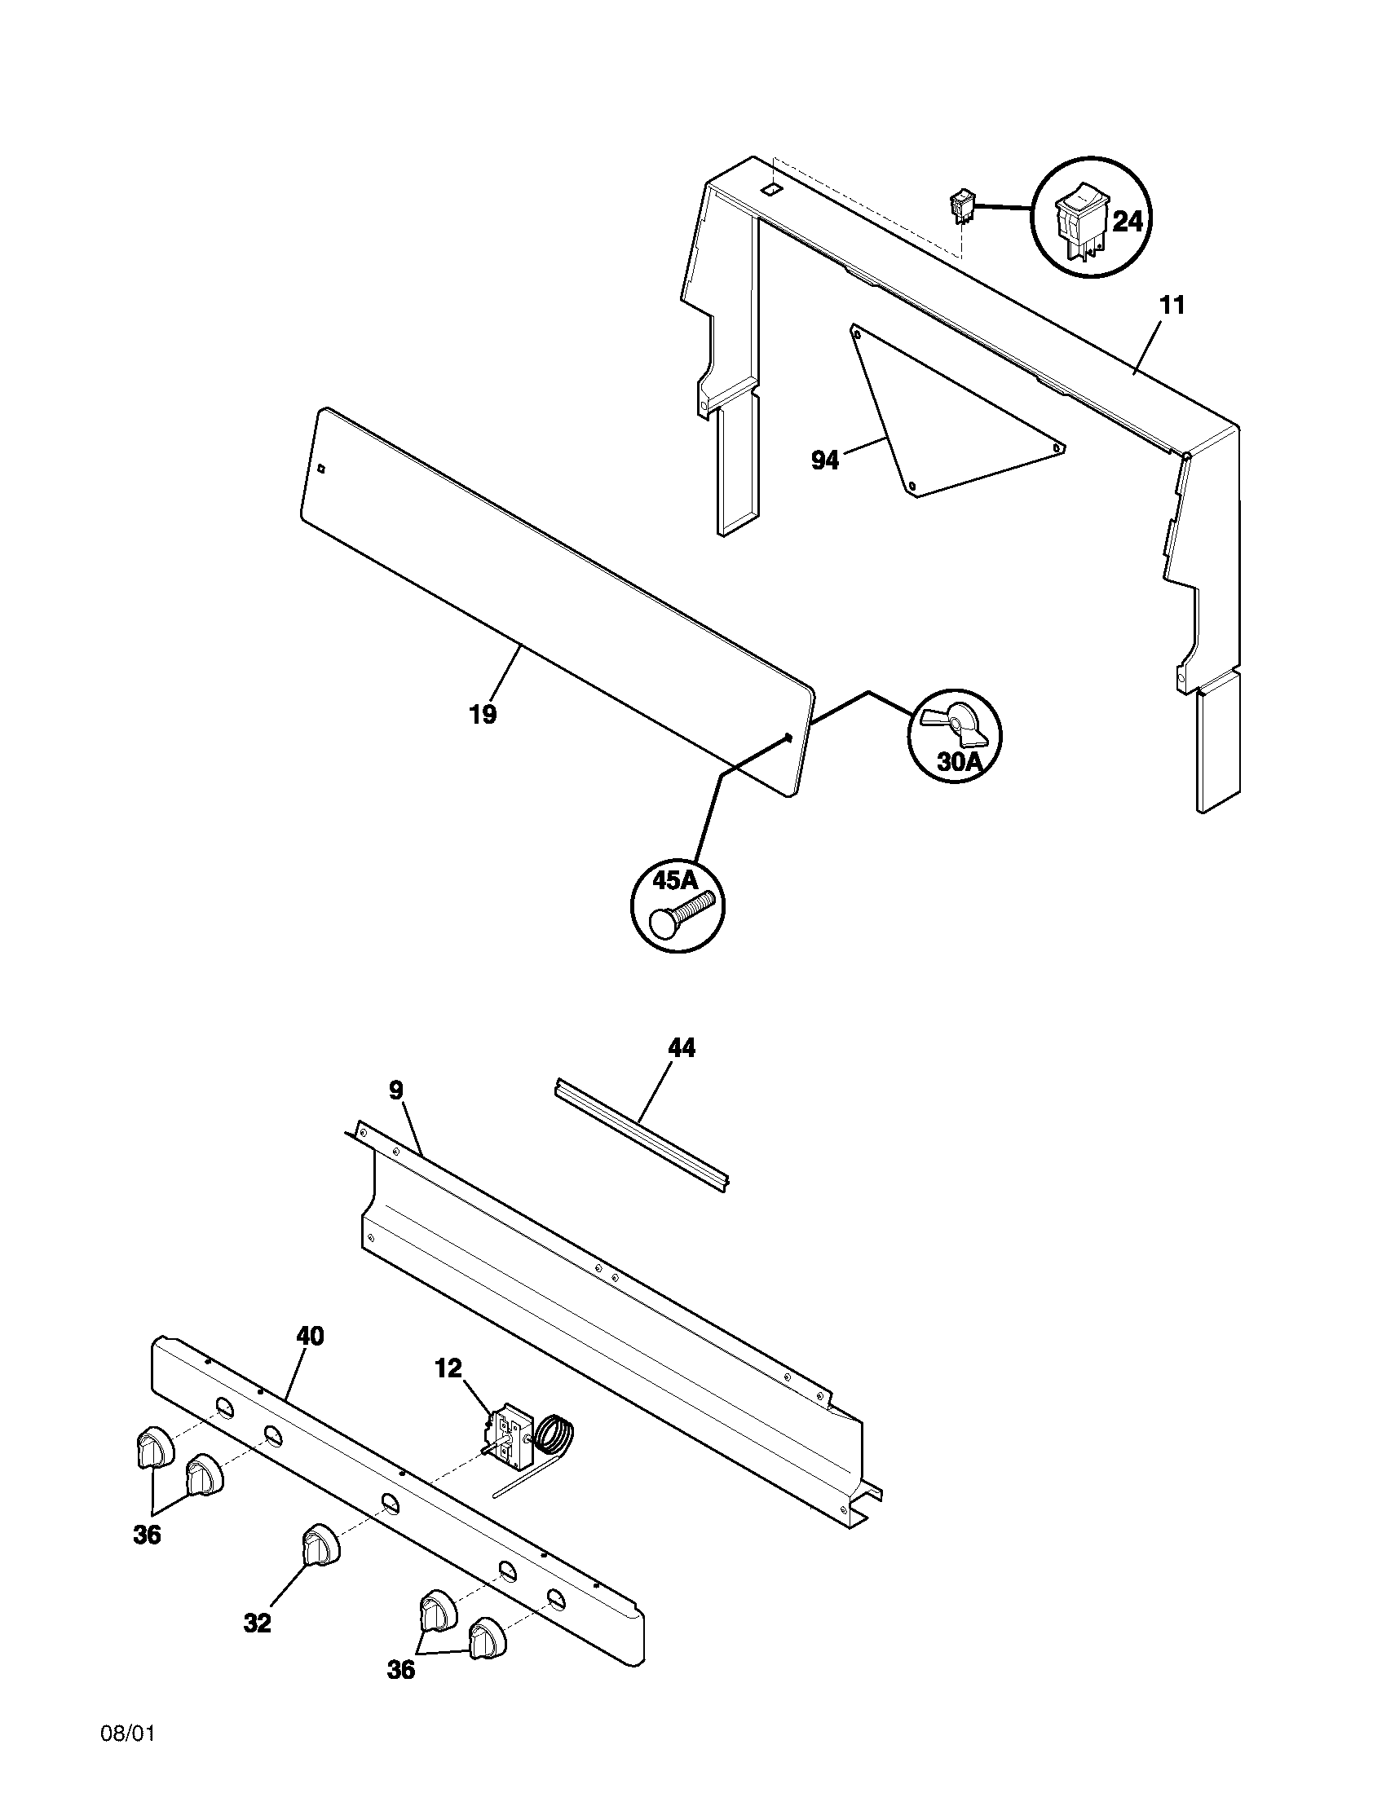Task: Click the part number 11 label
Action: [1172, 306]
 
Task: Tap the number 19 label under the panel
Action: [483, 714]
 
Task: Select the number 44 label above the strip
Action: [682, 1048]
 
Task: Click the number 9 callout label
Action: [395, 1090]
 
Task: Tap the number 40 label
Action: [310, 1337]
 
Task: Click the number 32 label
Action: [257, 1623]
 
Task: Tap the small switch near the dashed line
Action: [960, 206]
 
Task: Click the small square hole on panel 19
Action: [323, 469]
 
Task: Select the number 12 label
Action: [448, 1368]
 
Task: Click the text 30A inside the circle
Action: [959, 761]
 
